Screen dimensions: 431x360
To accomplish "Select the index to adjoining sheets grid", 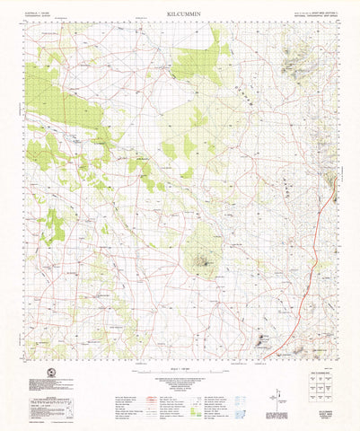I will click(318, 386).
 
